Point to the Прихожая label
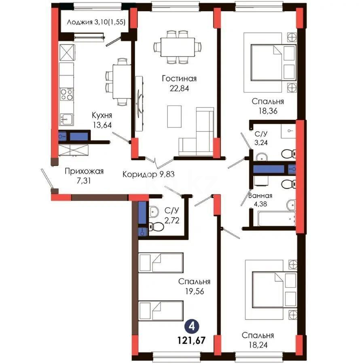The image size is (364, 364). (84, 171)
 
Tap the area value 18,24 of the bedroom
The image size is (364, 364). (258, 345)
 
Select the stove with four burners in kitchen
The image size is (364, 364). (67, 94)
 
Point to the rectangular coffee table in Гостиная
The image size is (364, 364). (174, 116)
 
